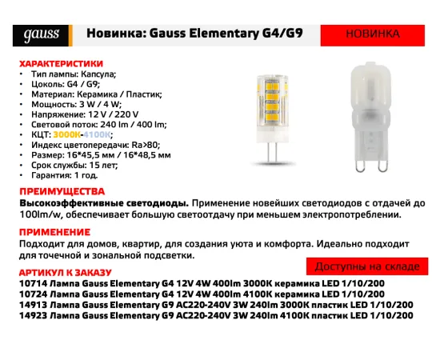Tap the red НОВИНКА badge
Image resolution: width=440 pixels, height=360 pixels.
tap(371, 35)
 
